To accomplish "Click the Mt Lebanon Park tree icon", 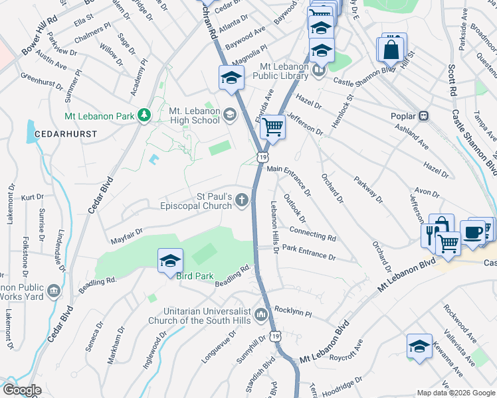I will coord(144,115).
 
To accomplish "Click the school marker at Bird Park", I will coord(170,261).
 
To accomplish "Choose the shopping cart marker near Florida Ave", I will coord(272,126).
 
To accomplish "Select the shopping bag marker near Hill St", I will coord(392,48).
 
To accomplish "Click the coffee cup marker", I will coord(472,233).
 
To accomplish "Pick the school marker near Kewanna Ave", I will coord(419,346).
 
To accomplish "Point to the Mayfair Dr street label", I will coord(127,233).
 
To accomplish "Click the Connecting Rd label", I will coord(313,234).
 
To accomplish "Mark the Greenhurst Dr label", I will coord(41,81).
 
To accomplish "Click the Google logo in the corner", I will coord(22,390).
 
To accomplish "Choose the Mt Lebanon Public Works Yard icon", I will coord(53,290).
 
